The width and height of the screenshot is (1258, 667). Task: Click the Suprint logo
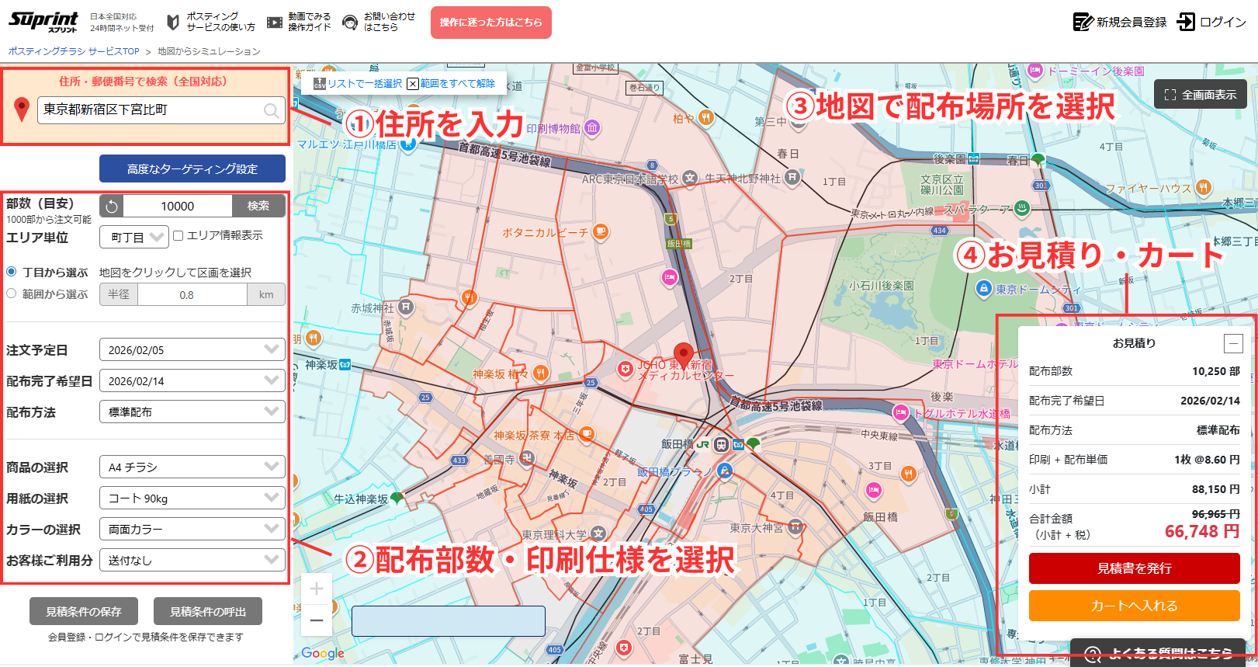pyautogui.click(x=43, y=21)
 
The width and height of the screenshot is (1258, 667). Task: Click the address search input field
pyautogui.click(x=151, y=110)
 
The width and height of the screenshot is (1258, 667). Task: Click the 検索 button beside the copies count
pyautogui.click(x=258, y=206)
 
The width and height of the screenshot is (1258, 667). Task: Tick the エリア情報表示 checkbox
pyautogui.click(x=178, y=235)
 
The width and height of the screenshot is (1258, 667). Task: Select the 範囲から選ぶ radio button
pyautogui.click(x=12, y=294)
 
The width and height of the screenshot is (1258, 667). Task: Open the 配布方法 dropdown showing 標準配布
pyautogui.click(x=192, y=412)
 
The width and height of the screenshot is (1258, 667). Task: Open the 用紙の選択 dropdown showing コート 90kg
pyautogui.click(x=192, y=499)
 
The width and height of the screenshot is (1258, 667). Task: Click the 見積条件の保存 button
pyautogui.click(x=84, y=611)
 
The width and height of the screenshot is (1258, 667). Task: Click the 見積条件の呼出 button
pyautogui.click(x=208, y=611)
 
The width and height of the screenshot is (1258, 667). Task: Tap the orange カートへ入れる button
pyautogui.click(x=1134, y=606)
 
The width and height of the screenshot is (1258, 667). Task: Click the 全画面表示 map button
pyautogui.click(x=1200, y=95)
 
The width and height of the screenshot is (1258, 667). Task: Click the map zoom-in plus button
pyautogui.click(x=317, y=589)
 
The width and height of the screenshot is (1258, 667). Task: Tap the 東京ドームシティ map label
pyautogui.click(x=1038, y=290)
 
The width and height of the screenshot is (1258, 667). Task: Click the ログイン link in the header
pyautogui.click(x=1212, y=22)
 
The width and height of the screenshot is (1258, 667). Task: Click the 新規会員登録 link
pyautogui.click(x=1120, y=22)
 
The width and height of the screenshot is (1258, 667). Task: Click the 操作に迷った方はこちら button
pyautogui.click(x=490, y=23)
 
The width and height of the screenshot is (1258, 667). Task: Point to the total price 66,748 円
pyautogui.click(x=1201, y=532)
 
